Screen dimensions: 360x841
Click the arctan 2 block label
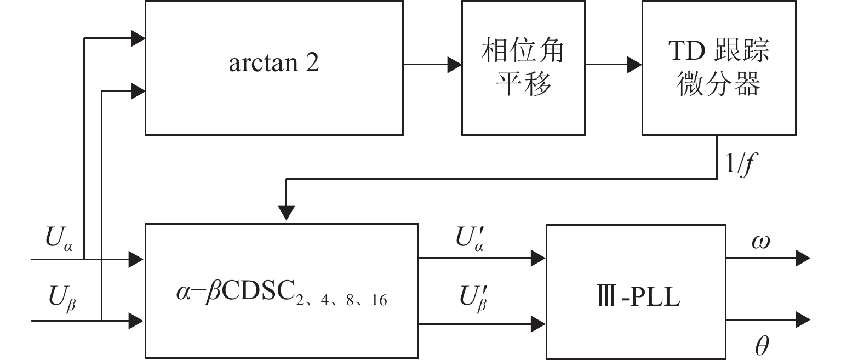273,64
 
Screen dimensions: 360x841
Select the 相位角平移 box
523,67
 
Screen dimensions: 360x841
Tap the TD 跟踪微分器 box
719,67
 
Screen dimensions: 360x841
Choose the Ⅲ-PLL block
636,291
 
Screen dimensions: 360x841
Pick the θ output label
762,346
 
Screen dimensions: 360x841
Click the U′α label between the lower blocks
470,239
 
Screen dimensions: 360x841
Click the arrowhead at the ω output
803,258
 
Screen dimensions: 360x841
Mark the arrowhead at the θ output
803,319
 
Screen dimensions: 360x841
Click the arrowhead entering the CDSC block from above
287,213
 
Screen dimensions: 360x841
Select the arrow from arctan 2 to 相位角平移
433,65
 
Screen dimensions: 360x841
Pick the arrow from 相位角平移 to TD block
614,65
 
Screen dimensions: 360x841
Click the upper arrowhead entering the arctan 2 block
138,38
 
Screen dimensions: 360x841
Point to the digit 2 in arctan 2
312,64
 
